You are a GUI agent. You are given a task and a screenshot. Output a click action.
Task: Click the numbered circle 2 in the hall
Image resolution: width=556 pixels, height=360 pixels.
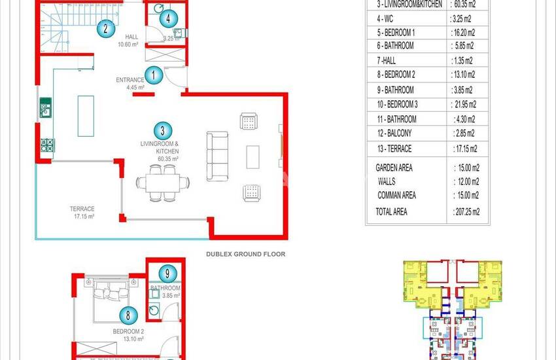[x=105, y=28]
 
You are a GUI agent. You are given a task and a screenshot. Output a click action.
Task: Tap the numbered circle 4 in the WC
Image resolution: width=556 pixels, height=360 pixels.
[x=168, y=19]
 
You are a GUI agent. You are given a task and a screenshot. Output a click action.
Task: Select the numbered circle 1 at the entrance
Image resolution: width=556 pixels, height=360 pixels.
[x=154, y=75]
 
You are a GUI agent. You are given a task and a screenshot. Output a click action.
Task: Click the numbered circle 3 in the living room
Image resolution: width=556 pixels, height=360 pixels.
[x=163, y=131]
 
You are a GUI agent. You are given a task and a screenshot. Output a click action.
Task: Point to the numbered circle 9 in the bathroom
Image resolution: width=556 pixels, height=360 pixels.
[x=168, y=274]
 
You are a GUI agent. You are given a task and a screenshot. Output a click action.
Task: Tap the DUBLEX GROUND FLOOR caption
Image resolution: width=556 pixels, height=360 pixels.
[x=245, y=254]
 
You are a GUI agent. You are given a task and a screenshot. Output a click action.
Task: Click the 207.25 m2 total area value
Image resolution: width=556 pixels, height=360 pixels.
[x=466, y=211]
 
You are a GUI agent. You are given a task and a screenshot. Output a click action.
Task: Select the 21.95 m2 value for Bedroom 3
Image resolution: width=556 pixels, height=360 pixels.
[x=464, y=104]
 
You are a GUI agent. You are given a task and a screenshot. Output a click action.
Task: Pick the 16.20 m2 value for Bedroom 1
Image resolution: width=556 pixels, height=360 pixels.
[x=465, y=32]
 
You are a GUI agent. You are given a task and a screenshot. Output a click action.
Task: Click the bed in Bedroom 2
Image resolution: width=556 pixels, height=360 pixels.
[x=114, y=301]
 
